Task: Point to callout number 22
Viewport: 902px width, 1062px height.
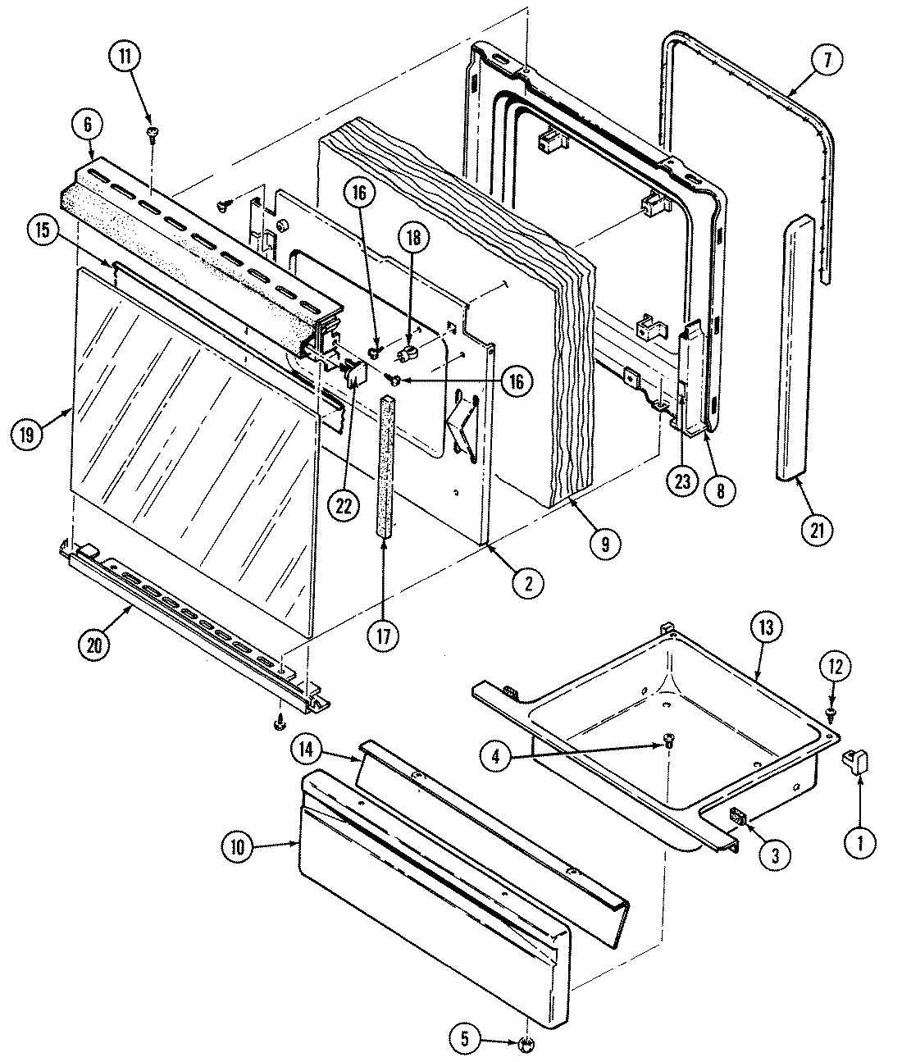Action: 343,506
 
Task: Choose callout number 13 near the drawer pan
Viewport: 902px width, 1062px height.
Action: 766,630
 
